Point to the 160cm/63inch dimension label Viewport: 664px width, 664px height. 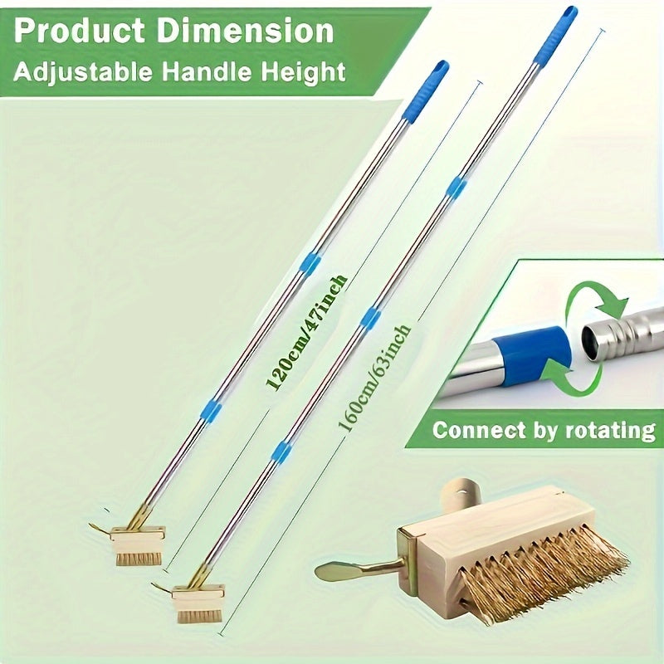[373, 378]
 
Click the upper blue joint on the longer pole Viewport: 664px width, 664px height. [456, 187]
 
